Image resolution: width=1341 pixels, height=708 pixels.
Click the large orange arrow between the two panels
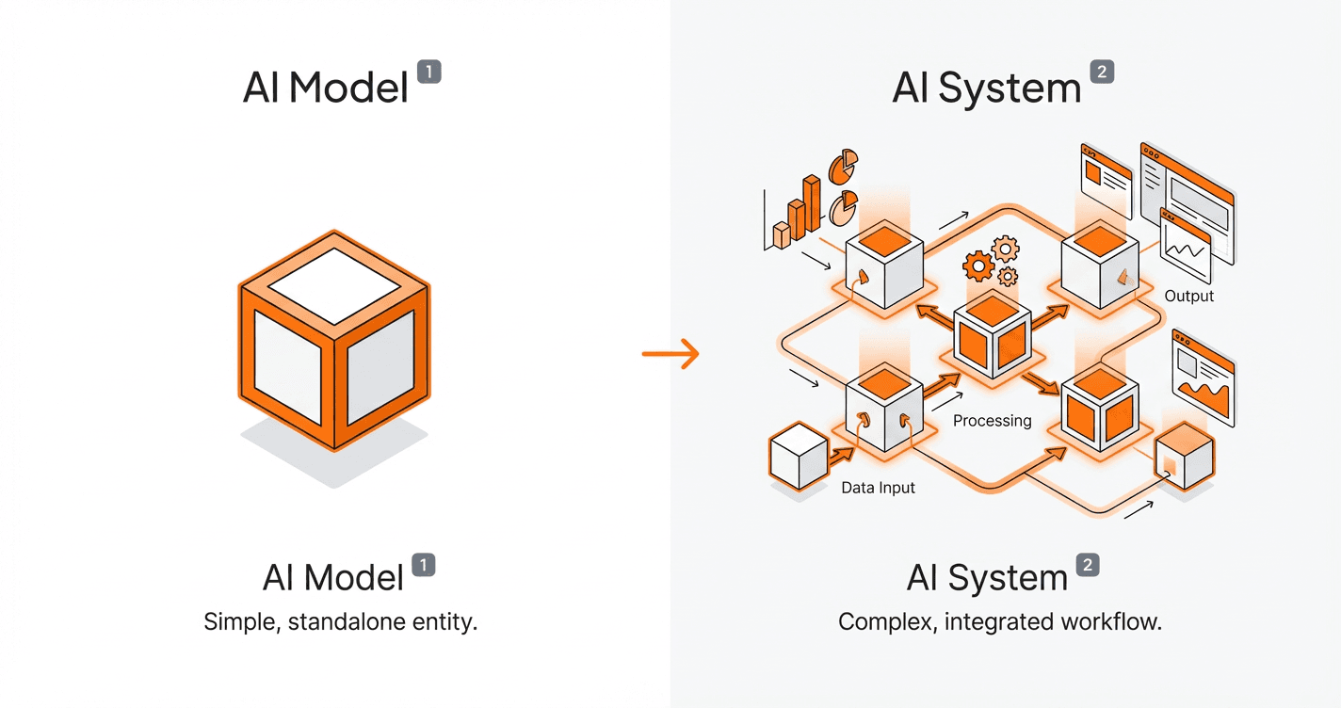click(670, 354)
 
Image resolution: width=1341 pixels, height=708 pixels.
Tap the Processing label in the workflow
click(992, 421)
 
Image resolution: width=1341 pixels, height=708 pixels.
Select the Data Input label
click(878, 488)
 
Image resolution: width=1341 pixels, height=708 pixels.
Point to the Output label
click(1188, 296)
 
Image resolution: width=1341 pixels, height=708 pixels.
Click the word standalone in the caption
click(363, 622)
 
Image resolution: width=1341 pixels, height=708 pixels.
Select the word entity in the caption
click(447, 622)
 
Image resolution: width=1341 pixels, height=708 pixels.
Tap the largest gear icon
click(978, 266)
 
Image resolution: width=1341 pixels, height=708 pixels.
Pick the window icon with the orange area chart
click(1203, 378)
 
